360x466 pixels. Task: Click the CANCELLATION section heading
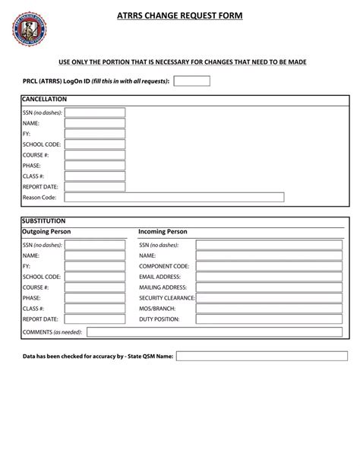[45, 100]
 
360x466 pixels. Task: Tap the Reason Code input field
[174, 198]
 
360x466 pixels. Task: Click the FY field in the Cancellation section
[94, 133]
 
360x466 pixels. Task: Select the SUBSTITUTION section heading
[44, 220]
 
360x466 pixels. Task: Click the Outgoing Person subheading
[50, 231]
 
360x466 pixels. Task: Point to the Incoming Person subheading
[163, 231]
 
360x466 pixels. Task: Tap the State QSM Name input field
[261, 355]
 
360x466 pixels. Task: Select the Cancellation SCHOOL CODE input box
[94, 144]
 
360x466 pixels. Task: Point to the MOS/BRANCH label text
[157, 309]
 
